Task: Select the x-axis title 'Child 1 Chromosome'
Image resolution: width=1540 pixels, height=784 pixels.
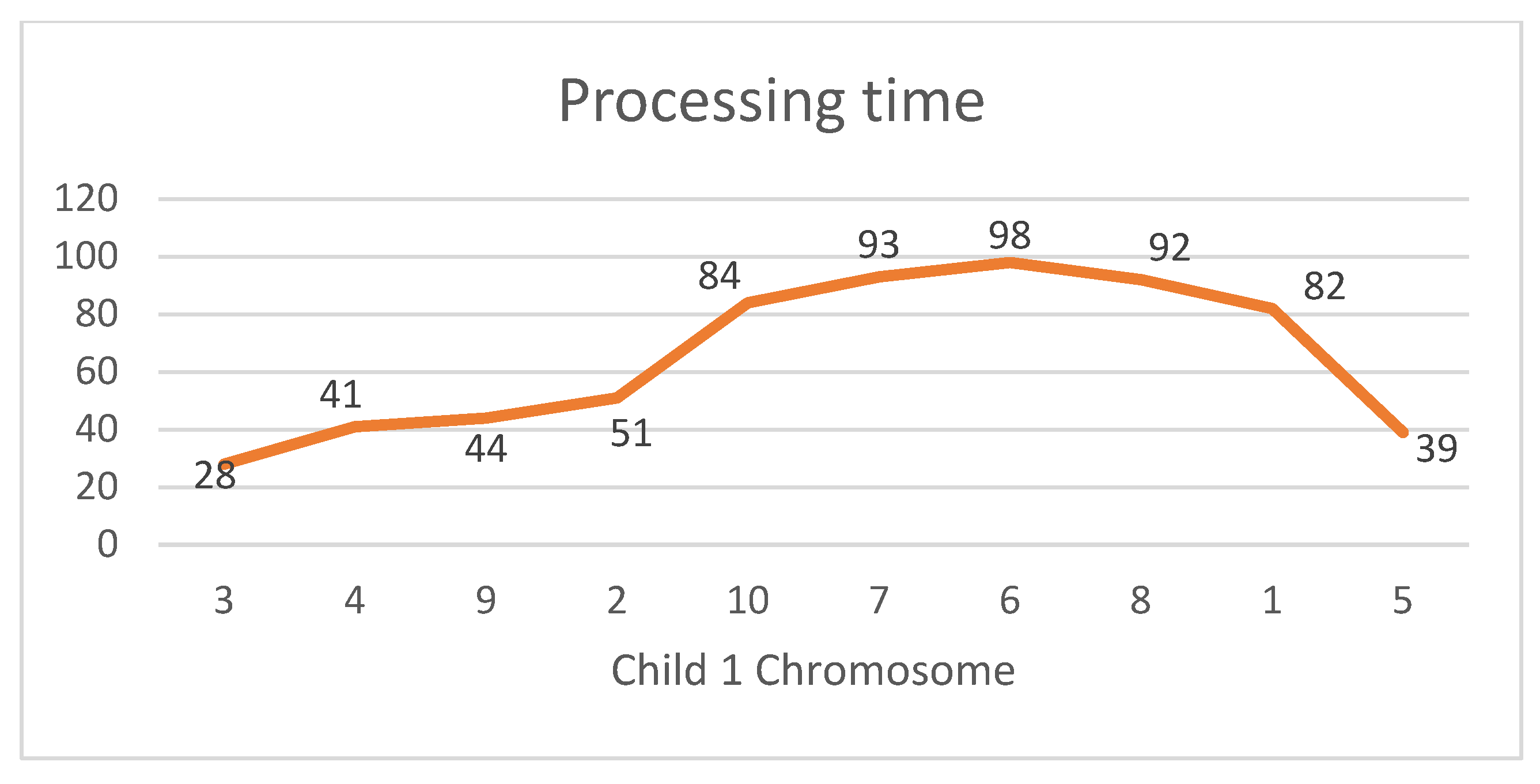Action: click(812, 670)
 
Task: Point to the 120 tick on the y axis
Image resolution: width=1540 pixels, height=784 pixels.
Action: click(86, 198)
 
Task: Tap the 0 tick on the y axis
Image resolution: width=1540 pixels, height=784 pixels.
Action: click(108, 545)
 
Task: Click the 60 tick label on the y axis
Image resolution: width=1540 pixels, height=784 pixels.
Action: click(96, 372)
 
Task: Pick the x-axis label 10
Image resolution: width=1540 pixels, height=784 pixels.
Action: click(748, 601)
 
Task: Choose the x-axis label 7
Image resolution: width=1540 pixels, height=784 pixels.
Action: click(879, 601)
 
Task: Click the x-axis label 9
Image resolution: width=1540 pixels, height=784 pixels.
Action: click(486, 601)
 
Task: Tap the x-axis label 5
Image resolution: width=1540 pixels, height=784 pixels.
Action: click(1402, 601)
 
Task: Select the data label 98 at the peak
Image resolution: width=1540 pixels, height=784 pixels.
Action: click(1010, 235)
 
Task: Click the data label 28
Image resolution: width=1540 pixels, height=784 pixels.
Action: click(215, 476)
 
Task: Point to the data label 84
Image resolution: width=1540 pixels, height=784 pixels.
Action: click(719, 276)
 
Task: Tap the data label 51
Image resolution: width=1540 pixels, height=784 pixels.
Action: click(631, 434)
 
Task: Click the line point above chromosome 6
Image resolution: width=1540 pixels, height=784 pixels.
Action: click(1010, 262)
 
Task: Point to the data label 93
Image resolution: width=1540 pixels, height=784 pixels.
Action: click(878, 244)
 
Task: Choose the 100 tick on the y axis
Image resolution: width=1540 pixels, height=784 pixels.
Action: click(86, 257)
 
